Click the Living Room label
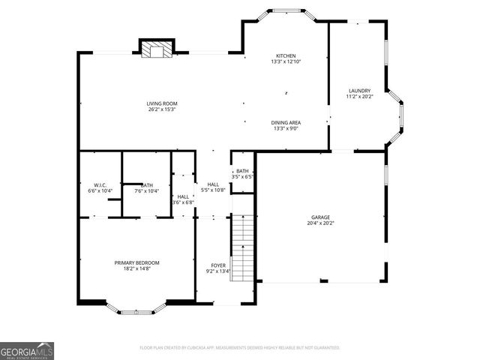162,103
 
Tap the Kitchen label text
285,56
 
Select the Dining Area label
285,122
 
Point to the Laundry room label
359,91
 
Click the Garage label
320,217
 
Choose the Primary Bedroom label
136,262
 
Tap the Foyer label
217,265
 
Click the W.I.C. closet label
100,184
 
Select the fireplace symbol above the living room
155,49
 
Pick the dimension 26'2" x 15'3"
162,110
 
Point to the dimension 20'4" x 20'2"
320,223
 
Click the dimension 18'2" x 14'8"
136,268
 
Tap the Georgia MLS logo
27,350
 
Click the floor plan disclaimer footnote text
239,348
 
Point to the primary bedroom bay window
136,310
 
